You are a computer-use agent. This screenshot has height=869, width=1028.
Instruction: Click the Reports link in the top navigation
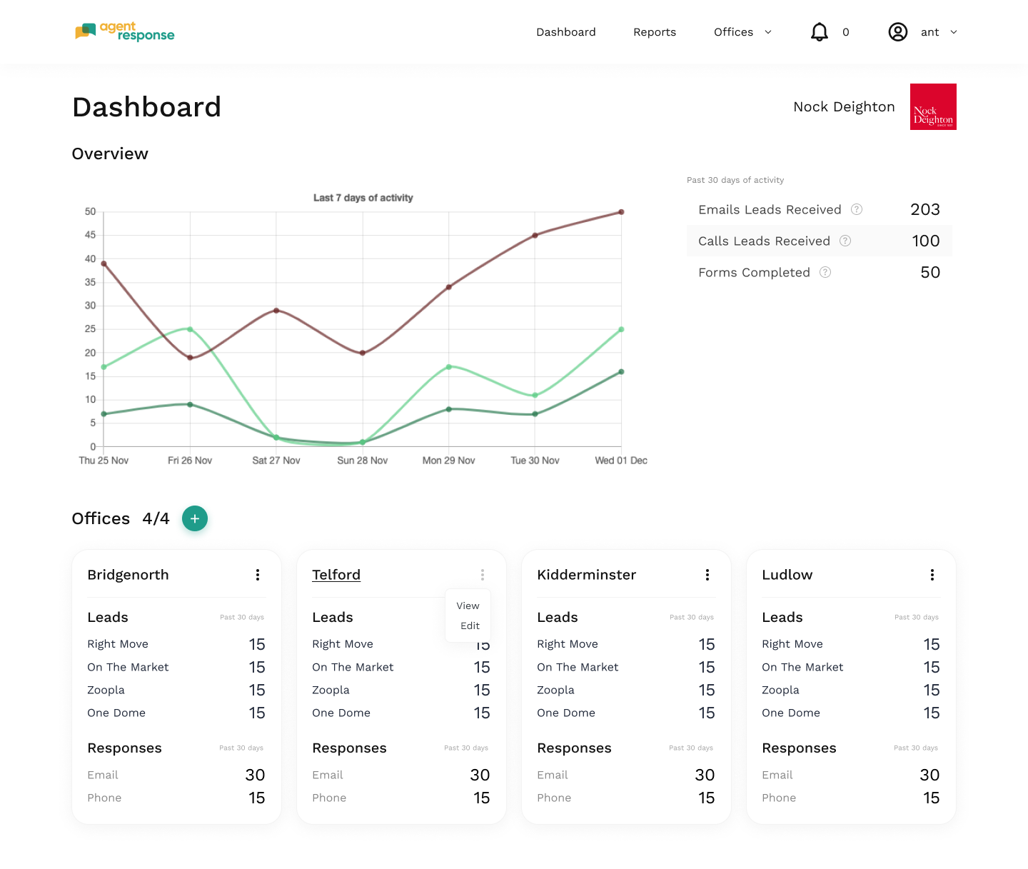point(654,32)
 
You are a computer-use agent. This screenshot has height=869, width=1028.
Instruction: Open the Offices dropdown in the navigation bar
point(742,32)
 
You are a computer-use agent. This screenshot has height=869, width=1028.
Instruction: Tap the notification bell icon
point(819,32)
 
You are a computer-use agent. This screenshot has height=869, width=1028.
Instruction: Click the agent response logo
point(124,31)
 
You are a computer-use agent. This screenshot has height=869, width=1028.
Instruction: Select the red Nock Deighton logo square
point(932,106)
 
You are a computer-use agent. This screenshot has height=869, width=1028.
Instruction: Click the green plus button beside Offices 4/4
point(194,518)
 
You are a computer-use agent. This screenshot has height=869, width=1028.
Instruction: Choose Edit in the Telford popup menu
point(470,626)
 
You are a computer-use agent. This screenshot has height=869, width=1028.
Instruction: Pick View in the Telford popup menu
point(468,606)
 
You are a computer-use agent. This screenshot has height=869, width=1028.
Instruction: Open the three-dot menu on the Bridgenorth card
point(257,575)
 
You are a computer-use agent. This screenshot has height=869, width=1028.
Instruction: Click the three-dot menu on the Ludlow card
point(932,575)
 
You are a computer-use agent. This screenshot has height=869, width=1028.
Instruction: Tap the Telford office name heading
point(336,575)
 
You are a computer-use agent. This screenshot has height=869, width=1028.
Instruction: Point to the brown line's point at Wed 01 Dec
point(620,212)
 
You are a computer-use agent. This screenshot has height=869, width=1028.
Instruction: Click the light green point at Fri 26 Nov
point(189,329)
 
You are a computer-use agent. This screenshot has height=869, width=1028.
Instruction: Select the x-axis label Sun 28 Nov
point(362,461)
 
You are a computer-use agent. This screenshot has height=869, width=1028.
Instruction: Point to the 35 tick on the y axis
point(90,282)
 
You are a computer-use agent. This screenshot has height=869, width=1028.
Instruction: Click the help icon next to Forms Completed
point(825,273)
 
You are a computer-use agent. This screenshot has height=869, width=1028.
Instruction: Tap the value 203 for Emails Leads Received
point(924,209)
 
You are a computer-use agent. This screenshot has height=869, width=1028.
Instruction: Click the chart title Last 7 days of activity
point(363,198)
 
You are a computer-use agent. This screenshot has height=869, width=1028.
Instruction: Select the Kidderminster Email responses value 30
point(704,775)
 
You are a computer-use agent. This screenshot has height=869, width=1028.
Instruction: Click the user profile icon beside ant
point(897,32)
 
